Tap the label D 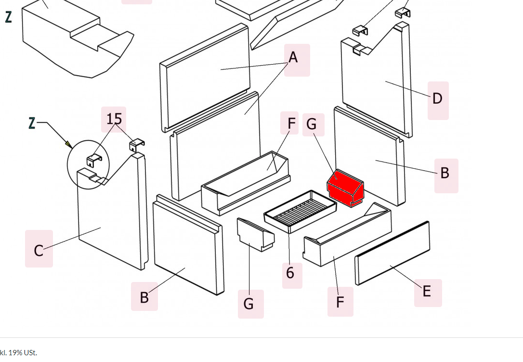pos(437,99)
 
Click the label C pos(39,251)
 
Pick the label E pos(427,292)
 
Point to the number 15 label pos(114,119)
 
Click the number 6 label pos(290,273)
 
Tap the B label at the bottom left pos(144,297)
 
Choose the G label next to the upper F pos(312,125)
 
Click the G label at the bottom pos(248,304)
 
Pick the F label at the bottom pos(340,302)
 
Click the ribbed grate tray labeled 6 pos(300,211)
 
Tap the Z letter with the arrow pos(32,123)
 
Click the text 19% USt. pos(23,352)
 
